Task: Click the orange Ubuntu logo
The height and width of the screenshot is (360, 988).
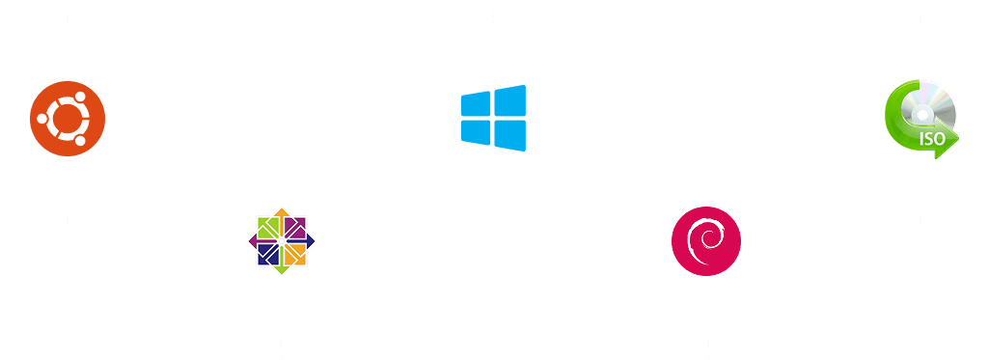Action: [68, 119]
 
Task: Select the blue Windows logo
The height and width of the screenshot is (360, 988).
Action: [493, 118]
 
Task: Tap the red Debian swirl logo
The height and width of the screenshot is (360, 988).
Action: [706, 240]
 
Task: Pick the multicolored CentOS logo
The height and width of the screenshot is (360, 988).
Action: [281, 241]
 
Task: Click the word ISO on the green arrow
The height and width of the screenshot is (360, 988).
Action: [932, 139]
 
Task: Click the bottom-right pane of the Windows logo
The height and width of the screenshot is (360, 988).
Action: [510, 135]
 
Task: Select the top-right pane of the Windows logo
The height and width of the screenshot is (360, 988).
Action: [510, 99]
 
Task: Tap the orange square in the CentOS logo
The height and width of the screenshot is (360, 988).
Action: [294, 254]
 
